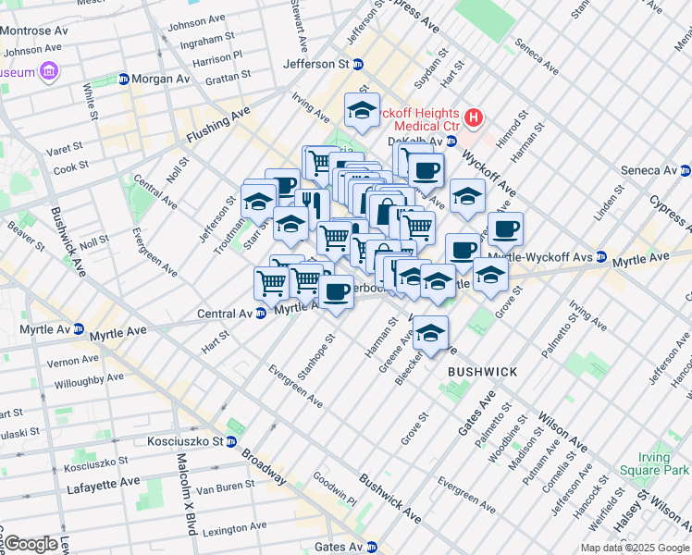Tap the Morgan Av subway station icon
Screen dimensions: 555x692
click(123, 80)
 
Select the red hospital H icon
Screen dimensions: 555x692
click(474, 117)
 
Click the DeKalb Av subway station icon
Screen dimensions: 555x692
click(451, 142)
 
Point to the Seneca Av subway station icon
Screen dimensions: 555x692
click(685, 170)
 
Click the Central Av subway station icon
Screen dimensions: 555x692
click(262, 314)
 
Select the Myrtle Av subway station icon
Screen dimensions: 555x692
click(80, 329)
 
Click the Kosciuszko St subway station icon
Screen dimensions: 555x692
click(230, 441)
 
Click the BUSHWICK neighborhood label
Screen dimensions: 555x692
click(482, 371)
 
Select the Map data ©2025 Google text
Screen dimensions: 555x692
click(635, 548)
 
